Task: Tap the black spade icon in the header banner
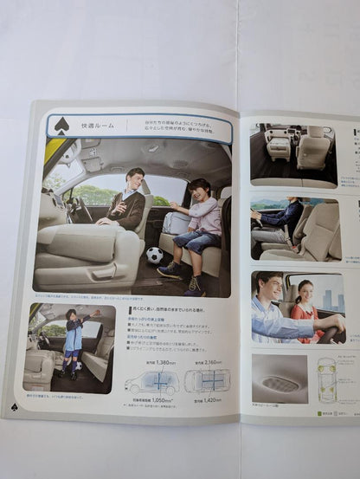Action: click(61, 126)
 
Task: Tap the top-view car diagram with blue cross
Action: click(207, 381)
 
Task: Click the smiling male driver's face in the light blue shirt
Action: click(268, 290)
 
